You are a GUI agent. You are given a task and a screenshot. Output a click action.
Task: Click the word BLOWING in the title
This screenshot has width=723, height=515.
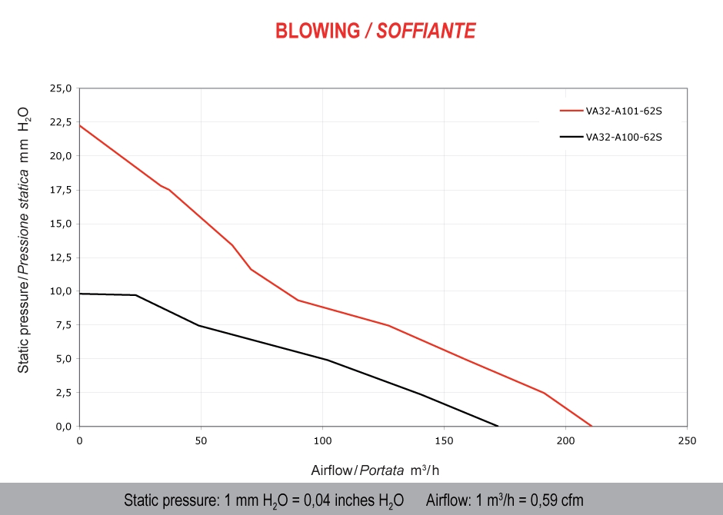pos(318,31)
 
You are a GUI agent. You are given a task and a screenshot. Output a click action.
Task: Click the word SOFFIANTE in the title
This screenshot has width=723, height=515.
pos(426,31)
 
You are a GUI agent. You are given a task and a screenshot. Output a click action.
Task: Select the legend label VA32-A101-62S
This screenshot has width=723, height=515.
pos(624,111)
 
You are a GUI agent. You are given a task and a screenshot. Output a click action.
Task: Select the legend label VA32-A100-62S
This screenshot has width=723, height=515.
pos(624,138)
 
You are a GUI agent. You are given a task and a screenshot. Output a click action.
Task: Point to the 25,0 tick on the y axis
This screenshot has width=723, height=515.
pos(61,88)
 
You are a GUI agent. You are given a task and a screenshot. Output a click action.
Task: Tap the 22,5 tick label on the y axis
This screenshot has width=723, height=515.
pos(61,122)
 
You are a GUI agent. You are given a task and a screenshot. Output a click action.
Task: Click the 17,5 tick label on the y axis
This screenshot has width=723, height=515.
pos(61,190)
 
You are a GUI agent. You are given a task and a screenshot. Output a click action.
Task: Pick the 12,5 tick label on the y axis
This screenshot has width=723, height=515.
pos(61,257)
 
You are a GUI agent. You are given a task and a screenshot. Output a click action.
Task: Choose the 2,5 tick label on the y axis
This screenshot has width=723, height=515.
pos(62,393)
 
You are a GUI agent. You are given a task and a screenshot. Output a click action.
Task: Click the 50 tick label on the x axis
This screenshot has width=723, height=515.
pos(201,442)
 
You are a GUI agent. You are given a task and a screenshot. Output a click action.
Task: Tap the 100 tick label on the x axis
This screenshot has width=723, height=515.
pos(322,442)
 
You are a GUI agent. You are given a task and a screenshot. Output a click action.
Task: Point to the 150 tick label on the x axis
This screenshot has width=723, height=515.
pos(444,442)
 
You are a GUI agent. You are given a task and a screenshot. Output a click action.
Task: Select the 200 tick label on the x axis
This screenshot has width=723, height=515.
pos(565,442)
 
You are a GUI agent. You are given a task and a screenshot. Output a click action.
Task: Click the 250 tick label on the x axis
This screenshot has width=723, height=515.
pos(687,442)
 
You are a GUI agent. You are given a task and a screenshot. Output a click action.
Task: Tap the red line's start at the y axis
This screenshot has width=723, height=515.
pos(80,125)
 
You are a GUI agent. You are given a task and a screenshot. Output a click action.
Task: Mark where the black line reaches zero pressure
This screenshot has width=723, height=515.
pos(498,426)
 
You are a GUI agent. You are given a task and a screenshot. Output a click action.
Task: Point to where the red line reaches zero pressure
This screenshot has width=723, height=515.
pos(591,426)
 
